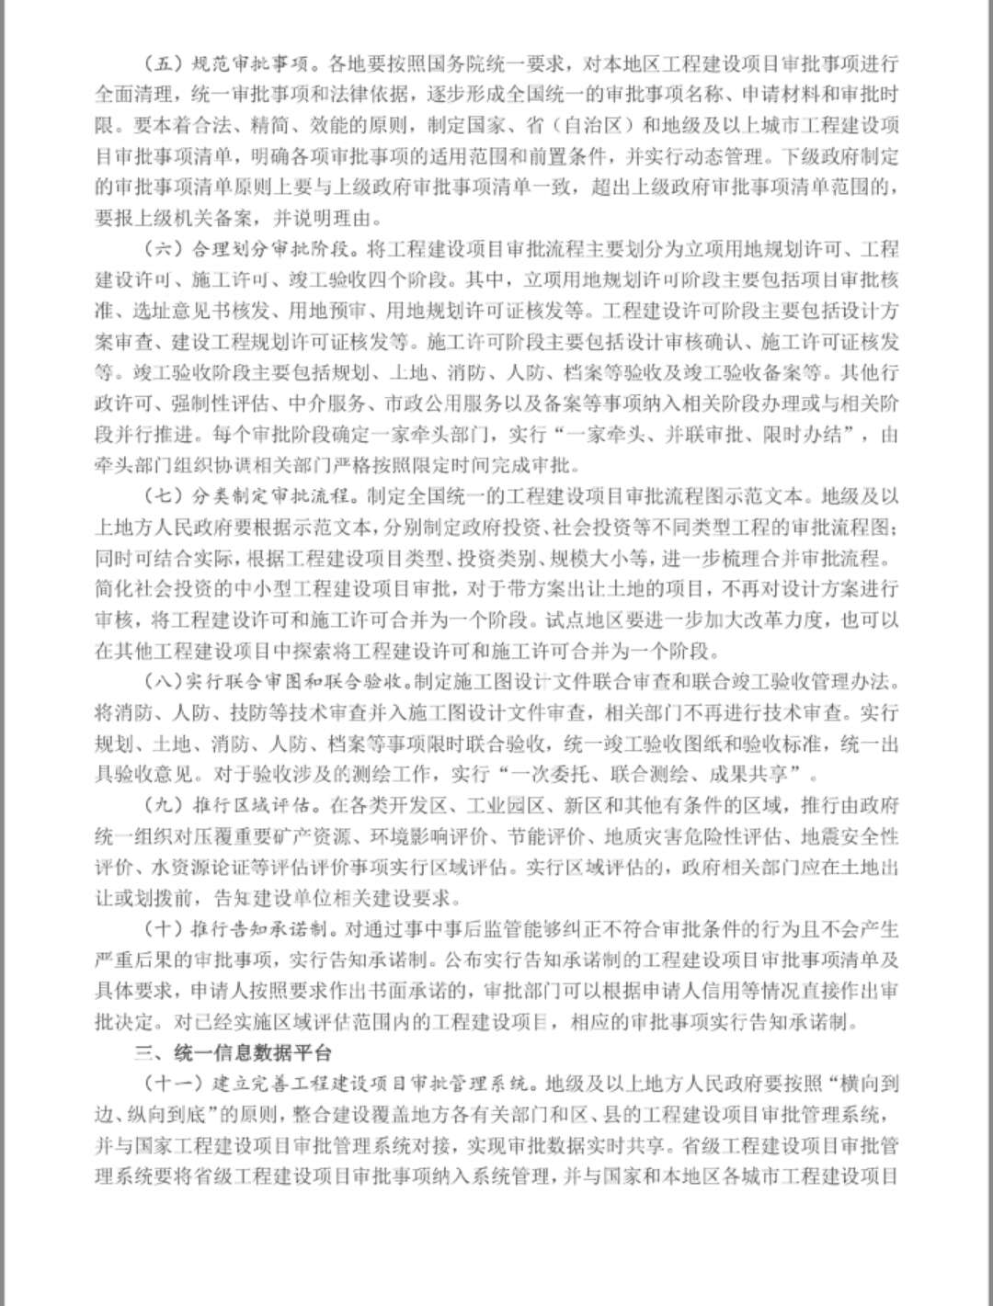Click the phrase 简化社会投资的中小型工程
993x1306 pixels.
tap(206, 589)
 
